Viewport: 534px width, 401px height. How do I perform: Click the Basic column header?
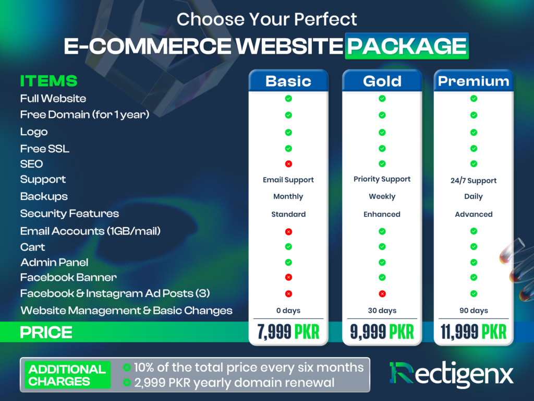coord(288,81)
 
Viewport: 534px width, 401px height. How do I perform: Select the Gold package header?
coord(382,81)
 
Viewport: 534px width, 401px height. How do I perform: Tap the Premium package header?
coord(474,81)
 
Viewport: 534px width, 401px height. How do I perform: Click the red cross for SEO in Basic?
coord(288,164)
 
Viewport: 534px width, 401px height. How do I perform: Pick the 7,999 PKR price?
coord(288,332)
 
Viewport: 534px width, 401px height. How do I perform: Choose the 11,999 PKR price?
coord(474,332)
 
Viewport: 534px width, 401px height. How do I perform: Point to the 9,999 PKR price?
coord(382,332)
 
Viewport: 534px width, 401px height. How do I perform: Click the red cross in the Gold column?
coord(382,293)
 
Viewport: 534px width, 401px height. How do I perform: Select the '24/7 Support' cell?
coord(474,180)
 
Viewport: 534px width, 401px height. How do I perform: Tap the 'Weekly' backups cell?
coord(382,196)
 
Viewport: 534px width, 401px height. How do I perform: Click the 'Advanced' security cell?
coord(474,214)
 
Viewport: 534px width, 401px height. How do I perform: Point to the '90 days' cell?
coord(474,310)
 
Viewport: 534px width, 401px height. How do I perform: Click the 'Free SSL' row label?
coord(45,149)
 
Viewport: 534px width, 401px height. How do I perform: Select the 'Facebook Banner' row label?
coord(68,277)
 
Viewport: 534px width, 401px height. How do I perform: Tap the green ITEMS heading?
coord(48,81)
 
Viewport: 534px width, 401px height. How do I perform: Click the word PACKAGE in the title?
coord(407,46)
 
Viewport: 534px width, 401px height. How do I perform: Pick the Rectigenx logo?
coord(451,374)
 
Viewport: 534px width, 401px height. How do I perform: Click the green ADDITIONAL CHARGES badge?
coord(67,375)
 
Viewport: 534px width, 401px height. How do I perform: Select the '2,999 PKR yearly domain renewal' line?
coord(229,383)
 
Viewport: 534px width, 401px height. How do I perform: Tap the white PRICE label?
coord(46,332)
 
